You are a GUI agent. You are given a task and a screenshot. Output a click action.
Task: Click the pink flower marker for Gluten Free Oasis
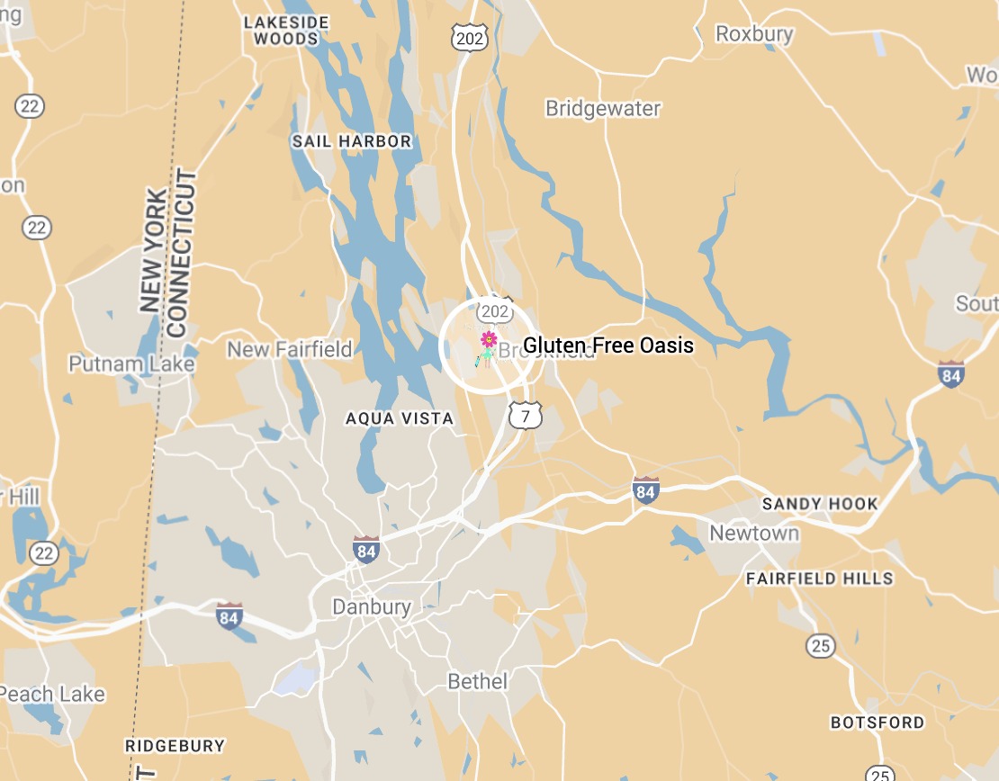(x=489, y=339)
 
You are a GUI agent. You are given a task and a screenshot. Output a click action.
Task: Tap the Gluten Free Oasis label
(x=608, y=345)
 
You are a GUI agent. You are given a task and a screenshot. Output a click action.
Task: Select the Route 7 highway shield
(x=526, y=415)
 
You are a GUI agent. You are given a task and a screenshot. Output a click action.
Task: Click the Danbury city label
(x=372, y=606)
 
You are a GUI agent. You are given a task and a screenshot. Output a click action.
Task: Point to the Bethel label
(x=478, y=682)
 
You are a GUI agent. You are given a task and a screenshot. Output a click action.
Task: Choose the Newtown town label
(x=754, y=533)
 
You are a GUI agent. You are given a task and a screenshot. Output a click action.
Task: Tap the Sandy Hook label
(x=819, y=503)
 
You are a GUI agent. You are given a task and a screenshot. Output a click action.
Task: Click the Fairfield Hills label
(x=819, y=579)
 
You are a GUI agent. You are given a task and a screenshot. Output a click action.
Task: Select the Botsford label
(x=877, y=723)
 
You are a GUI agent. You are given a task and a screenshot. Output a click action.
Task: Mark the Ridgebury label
(x=175, y=746)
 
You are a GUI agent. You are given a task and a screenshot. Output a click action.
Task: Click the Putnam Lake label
(x=131, y=364)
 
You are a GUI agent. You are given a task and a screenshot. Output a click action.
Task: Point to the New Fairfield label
(x=290, y=349)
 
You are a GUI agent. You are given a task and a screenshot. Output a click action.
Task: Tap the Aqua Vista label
(x=400, y=418)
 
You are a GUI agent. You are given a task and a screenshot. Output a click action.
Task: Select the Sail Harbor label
(x=351, y=141)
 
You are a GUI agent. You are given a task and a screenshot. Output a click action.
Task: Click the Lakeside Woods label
(x=286, y=30)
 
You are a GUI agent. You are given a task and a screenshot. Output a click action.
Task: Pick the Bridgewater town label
(x=603, y=108)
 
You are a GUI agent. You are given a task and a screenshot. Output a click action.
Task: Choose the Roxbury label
(x=754, y=34)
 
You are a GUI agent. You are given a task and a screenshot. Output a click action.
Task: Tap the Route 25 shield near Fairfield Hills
(x=821, y=646)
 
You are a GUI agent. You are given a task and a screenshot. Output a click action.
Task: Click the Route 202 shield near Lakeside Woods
(x=469, y=36)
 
